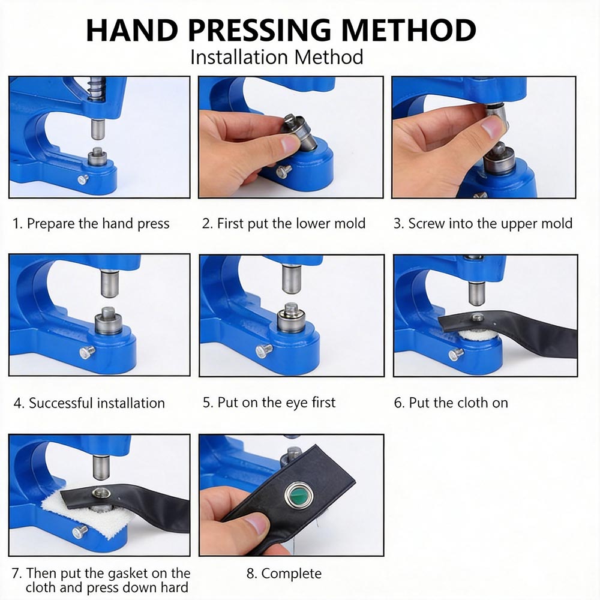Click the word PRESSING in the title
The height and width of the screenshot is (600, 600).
click(x=259, y=30)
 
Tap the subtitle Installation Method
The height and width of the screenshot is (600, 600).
click(x=277, y=58)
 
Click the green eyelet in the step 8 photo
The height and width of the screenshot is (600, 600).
click(x=299, y=495)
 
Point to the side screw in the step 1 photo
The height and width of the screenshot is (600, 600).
click(x=83, y=179)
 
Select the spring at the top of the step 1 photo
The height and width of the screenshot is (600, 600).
click(x=97, y=89)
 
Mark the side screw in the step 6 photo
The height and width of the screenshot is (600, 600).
click(x=456, y=355)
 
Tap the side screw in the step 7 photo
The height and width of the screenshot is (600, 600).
click(x=80, y=532)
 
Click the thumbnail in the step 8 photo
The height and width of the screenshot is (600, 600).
click(x=256, y=524)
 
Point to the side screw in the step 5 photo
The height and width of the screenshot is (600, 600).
click(x=263, y=350)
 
